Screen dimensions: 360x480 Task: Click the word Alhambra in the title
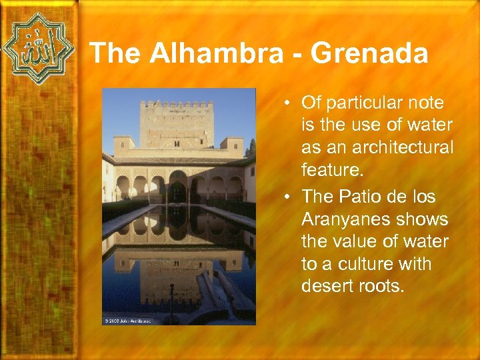[x=216, y=53]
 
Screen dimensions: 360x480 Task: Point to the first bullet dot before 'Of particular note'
[x=285, y=104]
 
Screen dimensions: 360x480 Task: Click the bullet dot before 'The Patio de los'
[x=285, y=197]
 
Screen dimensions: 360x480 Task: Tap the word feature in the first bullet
[x=331, y=171]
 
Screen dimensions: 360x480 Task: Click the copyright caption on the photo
[x=128, y=321]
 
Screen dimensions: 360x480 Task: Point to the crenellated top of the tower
[x=178, y=105]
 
